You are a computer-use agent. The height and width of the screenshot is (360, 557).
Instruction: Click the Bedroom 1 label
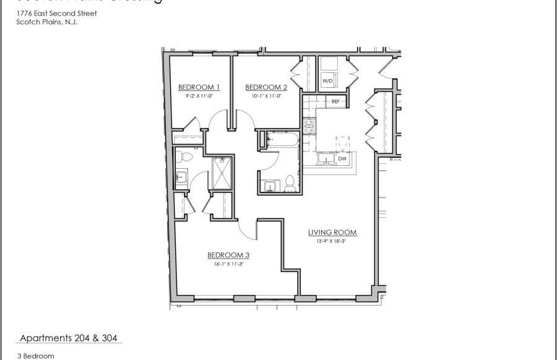[199, 87]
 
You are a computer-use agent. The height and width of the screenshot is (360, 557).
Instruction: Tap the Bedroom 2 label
[266, 87]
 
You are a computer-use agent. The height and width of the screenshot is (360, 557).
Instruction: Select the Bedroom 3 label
[228, 254]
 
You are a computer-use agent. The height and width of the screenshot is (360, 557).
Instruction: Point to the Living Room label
[333, 233]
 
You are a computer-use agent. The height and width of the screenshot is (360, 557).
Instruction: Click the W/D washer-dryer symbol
[327, 80]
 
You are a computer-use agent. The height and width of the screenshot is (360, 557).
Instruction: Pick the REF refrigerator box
[335, 101]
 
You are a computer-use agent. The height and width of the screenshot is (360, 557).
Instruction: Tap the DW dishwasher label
[342, 159]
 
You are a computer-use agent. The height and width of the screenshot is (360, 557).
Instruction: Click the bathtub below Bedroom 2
[280, 141]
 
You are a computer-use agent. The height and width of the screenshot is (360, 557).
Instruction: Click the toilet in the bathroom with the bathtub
[289, 183]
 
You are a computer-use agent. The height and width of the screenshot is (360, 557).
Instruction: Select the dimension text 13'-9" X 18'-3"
[333, 241]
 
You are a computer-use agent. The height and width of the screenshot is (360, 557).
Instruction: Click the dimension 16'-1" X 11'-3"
[228, 263]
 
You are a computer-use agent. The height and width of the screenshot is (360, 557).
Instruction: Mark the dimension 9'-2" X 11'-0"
[199, 96]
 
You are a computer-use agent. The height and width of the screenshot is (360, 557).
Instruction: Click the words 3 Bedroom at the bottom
[37, 356]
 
